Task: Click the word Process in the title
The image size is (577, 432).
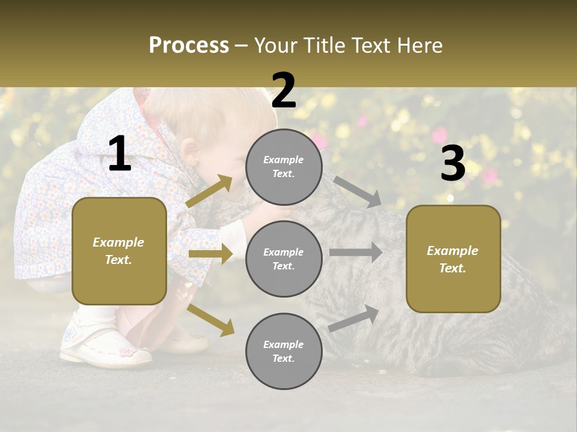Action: [189, 46]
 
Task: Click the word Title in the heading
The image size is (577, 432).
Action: [322, 46]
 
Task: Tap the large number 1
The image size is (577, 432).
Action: [120, 155]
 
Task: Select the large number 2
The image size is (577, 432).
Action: [284, 91]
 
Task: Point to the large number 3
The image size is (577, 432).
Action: [453, 163]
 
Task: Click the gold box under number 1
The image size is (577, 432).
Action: [119, 251]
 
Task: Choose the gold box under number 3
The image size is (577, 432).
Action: [453, 259]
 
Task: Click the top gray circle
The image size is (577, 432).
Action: [284, 167]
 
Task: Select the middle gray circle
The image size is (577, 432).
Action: [284, 259]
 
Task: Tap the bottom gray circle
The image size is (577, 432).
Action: [284, 352]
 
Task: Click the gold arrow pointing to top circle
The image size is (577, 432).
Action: [210, 191]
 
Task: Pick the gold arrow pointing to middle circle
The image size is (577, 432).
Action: [210, 254]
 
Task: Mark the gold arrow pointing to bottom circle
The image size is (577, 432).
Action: [211, 319]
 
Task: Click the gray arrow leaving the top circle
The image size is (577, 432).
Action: [358, 191]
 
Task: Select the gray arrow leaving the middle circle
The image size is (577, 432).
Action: [356, 252]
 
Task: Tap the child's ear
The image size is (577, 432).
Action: [191, 151]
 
